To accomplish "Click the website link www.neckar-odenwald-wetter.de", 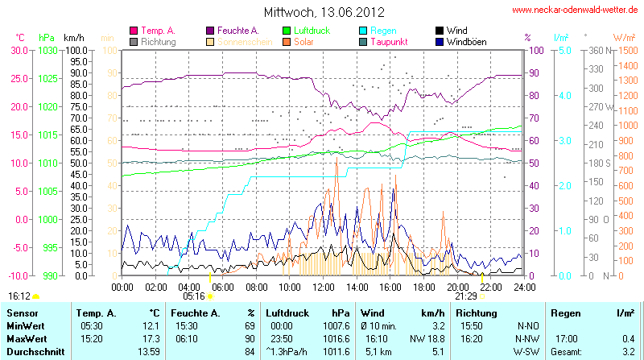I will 576,10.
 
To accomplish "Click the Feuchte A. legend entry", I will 237,31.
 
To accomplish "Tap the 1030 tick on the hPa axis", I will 48,50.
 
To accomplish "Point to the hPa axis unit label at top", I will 47,38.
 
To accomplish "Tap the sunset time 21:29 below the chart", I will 466,296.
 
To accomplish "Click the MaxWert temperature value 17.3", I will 150,339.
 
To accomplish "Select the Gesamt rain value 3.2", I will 628,352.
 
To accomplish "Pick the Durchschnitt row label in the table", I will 35,352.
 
